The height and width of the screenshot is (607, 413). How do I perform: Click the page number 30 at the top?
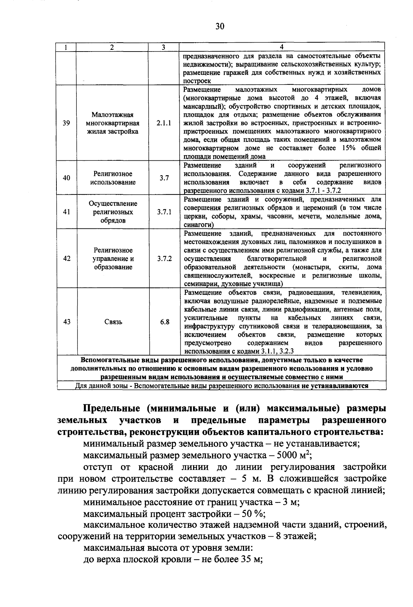tap(220, 26)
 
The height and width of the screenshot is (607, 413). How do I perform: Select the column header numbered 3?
tap(163, 47)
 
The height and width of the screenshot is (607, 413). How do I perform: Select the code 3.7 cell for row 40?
tap(164, 178)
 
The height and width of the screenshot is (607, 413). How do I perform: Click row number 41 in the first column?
tap(66, 212)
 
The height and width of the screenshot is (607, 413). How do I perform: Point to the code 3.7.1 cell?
tap(164, 212)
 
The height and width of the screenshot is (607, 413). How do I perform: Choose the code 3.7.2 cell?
tap(164, 259)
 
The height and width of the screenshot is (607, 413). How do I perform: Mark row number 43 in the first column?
tap(67, 322)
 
